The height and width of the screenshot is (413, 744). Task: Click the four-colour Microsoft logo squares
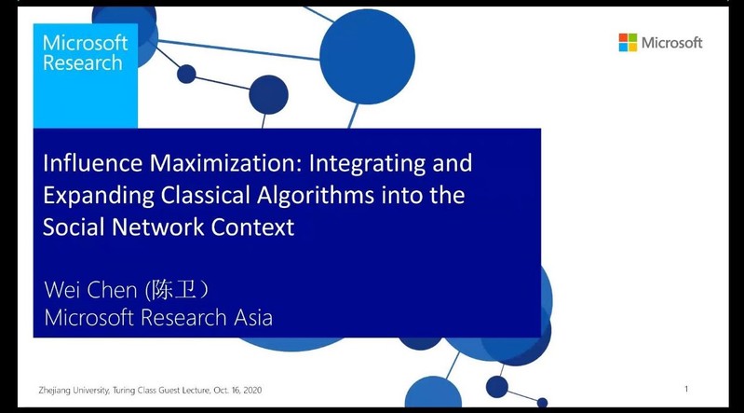pos(628,42)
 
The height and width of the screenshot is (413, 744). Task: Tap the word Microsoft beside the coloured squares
pos(672,43)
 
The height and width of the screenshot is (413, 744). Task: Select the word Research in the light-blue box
pos(83,62)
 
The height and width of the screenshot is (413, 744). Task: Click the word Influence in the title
pos(92,163)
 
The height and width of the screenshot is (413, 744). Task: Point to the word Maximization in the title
pos(226,163)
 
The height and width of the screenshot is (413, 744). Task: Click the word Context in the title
pos(252,227)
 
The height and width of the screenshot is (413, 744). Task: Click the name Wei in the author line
pos(62,289)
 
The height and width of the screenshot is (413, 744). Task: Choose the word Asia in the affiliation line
pos(253,318)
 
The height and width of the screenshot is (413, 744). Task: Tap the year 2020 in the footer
pos(252,391)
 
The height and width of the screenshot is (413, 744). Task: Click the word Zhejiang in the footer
pos(55,391)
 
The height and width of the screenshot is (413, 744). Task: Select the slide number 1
pos(686,389)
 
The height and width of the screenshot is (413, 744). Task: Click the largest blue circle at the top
pos(367,57)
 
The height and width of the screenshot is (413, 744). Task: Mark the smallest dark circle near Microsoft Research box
pos(186,74)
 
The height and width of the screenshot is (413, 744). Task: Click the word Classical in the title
pos(206,196)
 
